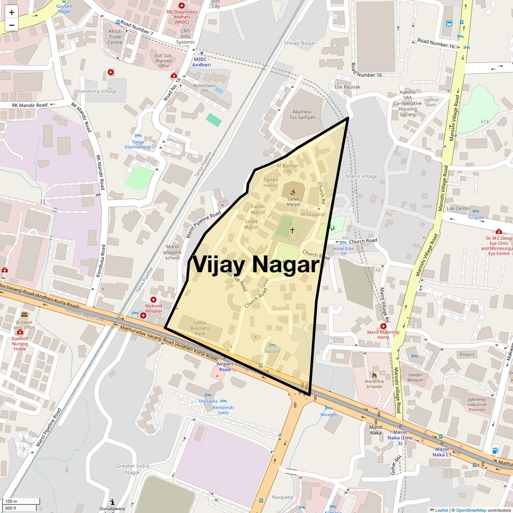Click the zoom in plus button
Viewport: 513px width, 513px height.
click(x=12, y=12)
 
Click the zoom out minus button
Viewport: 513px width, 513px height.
click(x=12, y=25)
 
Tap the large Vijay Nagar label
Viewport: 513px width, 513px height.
click(x=256, y=265)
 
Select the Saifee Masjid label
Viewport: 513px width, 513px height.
click(x=293, y=202)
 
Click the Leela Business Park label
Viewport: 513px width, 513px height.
click(x=200, y=328)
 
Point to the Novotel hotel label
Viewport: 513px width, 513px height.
click(x=272, y=351)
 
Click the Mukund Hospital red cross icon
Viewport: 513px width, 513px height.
click(x=153, y=300)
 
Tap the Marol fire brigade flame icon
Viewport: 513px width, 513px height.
click(x=374, y=375)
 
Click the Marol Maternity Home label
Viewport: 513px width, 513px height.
click(x=383, y=335)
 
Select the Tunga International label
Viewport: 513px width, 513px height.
click(x=138, y=144)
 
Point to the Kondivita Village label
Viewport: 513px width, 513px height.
click(x=97, y=91)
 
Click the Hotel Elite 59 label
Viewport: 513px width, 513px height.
click(x=343, y=251)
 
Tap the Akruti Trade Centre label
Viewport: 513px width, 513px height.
click(x=115, y=37)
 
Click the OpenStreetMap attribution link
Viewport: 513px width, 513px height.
click(x=471, y=510)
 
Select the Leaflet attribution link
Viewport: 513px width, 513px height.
click(x=441, y=510)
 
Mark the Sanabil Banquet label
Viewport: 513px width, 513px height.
click(x=415, y=378)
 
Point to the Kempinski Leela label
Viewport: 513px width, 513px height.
click(x=223, y=410)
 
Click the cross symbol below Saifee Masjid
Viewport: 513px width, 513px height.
click(x=292, y=230)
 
